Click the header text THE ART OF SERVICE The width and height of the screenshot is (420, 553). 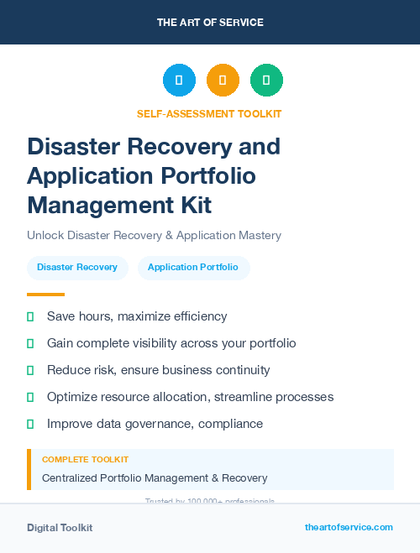tap(210, 23)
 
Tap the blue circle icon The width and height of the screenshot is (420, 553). tap(179, 81)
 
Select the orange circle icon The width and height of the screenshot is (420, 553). tap(223, 81)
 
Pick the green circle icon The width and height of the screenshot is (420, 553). tap(266, 81)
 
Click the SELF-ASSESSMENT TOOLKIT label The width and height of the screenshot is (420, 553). tap(209, 113)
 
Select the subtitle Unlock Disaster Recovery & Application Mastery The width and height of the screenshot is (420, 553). tap(154, 235)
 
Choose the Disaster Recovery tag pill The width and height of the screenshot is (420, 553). tap(77, 268)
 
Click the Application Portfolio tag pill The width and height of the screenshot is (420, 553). tap(193, 268)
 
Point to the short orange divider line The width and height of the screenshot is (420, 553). tap(45, 295)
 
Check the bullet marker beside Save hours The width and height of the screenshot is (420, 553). tap(30, 316)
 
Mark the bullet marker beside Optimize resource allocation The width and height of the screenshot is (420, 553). tap(30, 397)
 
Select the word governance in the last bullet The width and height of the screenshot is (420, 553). tap(157, 424)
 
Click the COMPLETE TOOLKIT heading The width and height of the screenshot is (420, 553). tap(85, 460)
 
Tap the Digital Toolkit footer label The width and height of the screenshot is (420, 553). tap(60, 528)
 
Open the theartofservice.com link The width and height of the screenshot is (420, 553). tap(349, 527)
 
